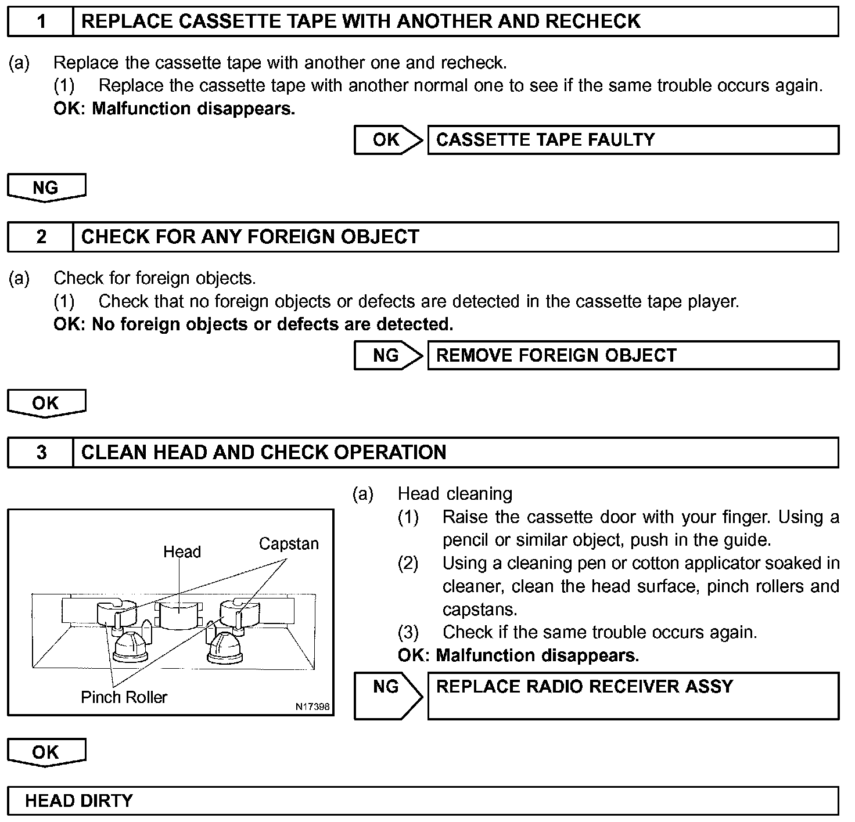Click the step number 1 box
click(x=41, y=21)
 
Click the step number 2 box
click(x=41, y=237)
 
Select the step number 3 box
click(x=41, y=452)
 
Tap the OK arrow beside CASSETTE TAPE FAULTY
click(x=388, y=140)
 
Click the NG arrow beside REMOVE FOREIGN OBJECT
click(x=388, y=355)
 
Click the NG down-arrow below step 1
click(x=46, y=188)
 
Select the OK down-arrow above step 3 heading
click(x=46, y=403)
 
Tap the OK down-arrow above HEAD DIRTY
click(x=46, y=752)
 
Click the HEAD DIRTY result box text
click(x=79, y=801)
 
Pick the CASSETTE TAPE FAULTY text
click(x=545, y=140)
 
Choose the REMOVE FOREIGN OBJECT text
click(x=556, y=355)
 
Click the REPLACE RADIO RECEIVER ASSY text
click(x=584, y=687)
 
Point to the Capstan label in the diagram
click(x=289, y=544)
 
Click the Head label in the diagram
click(x=182, y=551)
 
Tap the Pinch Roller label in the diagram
click(x=124, y=697)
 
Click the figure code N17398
click(x=312, y=706)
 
